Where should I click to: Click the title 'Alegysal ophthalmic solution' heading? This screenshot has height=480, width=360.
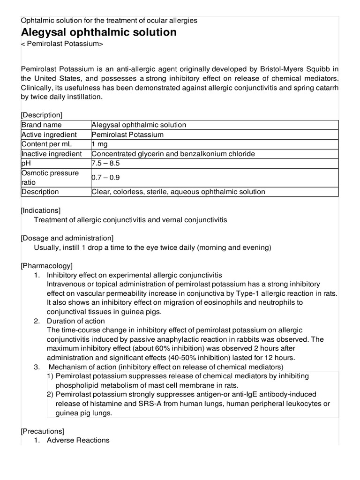pyautogui.click(x=99, y=32)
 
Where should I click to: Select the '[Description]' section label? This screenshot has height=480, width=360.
pyautogui.click(x=42, y=115)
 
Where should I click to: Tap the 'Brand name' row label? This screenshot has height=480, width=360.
pyautogui.click(x=42, y=125)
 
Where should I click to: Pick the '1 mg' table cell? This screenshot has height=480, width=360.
pyautogui.click(x=100, y=144)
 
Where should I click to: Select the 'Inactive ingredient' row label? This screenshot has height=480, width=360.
pyautogui.click(x=52, y=154)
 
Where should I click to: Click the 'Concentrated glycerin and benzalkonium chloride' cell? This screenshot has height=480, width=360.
pyautogui.click(x=173, y=154)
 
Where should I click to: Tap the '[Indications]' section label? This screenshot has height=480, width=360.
pyautogui.click(x=41, y=210)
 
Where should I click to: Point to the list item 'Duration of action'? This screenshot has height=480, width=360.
pyautogui.click(x=76, y=321)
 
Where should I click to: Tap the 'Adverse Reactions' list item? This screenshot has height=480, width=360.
pyautogui.click(x=78, y=440)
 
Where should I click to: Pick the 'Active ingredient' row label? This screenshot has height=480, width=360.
pyautogui.click(x=48, y=135)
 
